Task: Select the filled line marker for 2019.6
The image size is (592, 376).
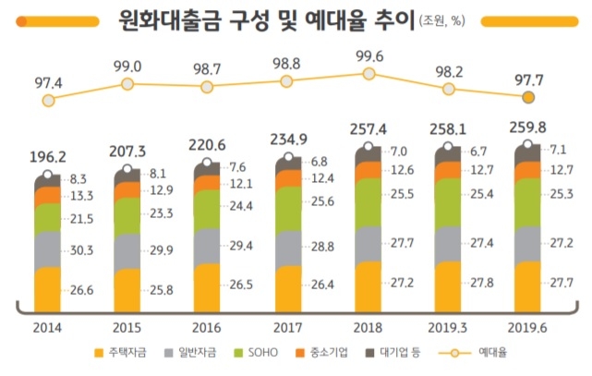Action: (528, 97)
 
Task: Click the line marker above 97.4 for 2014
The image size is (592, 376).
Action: (48, 99)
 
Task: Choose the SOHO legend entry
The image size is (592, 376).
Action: (261, 353)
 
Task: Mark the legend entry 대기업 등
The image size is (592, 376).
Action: (394, 353)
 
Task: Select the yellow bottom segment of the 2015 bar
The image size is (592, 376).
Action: (127, 288)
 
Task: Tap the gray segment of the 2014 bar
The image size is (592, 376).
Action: (48, 248)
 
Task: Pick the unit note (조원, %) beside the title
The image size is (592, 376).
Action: (445, 19)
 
